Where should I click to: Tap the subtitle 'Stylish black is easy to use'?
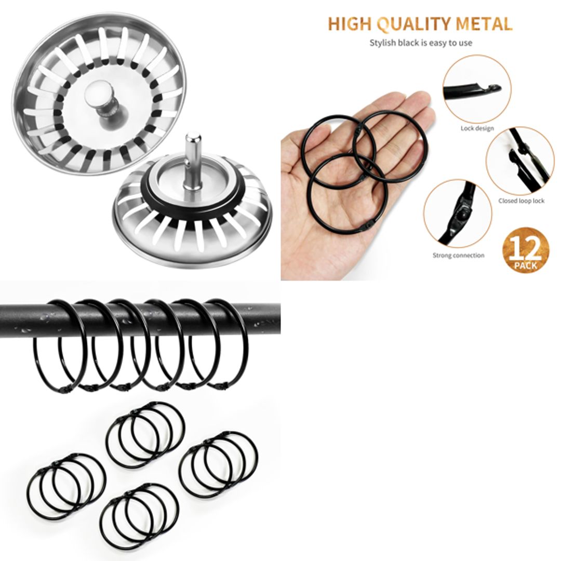point(421,43)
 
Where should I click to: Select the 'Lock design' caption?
point(477,128)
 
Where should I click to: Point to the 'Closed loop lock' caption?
point(521,201)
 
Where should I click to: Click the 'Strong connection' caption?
point(458,255)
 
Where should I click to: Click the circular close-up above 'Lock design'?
point(477,89)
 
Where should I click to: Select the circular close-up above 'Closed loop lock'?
point(519,161)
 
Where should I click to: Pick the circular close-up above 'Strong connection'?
point(457,214)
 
